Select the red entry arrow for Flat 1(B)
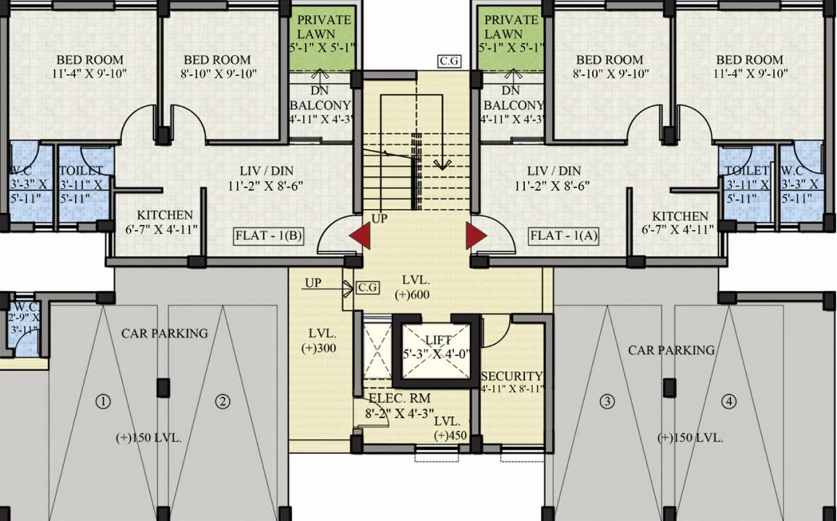[x=360, y=236]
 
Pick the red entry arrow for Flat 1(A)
[x=475, y=236]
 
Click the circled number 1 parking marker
[x=103, y=402]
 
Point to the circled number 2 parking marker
[x=222, y=402]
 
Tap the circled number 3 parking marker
[x=607, y=402]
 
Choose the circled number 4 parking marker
[x=728, y=402]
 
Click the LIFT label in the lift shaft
[x=437, y=339]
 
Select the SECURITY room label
[x=511, y=376]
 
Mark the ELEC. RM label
[x=400, y=398]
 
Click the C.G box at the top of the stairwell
[x=450, y=61]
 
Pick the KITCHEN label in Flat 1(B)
[x=165, y=215]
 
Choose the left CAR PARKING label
[x=164, y=333]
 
